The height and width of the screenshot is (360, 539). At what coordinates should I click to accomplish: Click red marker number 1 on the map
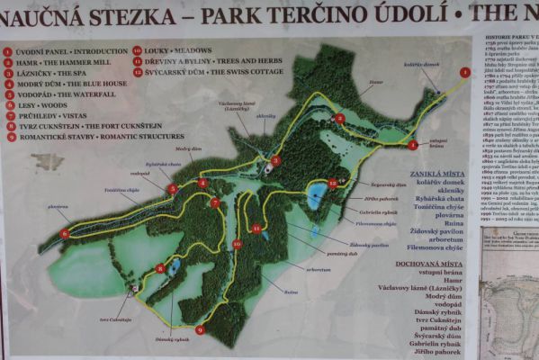[465, 71]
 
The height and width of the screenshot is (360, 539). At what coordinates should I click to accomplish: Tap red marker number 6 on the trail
[65, 233]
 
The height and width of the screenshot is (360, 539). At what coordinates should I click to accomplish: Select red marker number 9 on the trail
[199, 329]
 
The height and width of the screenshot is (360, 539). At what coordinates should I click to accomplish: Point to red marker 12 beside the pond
[332, 183]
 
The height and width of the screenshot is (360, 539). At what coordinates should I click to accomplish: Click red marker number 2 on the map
[339, 118]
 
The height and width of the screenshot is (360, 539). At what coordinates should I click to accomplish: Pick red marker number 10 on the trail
[237, 244]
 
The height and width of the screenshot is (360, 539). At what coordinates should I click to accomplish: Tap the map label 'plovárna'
[58, 206]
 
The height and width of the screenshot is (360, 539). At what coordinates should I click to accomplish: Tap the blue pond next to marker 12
[316, 197]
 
